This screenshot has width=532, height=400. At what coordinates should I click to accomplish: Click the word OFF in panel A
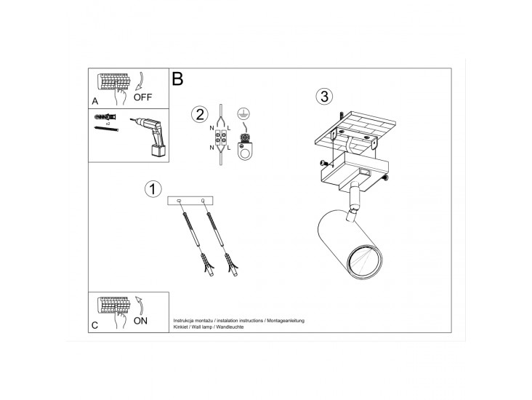[142, 97]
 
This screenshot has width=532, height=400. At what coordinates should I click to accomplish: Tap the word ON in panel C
[140, 321]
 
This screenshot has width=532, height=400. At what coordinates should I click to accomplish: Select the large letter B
[178, 79]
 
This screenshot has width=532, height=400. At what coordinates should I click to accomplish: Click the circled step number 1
[153, 189]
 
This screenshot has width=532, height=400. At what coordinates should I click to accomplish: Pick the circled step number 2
[199, 114]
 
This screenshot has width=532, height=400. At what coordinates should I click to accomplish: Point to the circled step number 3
[324, 97]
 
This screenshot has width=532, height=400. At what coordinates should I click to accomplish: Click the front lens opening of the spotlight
[364, 262]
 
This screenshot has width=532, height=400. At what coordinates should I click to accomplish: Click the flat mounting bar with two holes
[190, 201]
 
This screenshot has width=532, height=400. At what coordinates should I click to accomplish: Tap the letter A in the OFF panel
[95, 101]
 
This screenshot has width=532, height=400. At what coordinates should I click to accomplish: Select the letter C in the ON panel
[94, 325]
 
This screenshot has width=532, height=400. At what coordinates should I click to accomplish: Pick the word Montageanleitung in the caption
[286, 321]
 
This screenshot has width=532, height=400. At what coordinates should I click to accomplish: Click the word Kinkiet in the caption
[180, 327]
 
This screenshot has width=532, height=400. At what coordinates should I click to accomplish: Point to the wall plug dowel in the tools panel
[105, 117]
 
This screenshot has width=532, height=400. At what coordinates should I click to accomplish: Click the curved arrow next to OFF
[141, 81]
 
